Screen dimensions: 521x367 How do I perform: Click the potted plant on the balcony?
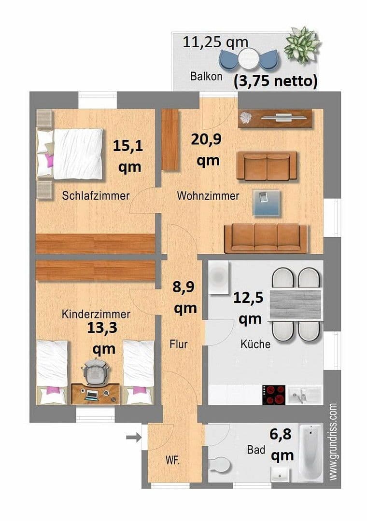click(302, 45)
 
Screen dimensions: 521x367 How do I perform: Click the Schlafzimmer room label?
click(96, 196)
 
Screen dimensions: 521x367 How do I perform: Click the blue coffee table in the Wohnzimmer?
click(266, 203)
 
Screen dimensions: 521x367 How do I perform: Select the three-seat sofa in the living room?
click(266, 238)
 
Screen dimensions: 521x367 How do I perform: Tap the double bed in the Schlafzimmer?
click(72, 153)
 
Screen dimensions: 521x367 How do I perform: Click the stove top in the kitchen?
click(274, 395)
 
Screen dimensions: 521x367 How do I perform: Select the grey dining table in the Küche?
click(295, 304)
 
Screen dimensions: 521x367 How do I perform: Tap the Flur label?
click(178, 344)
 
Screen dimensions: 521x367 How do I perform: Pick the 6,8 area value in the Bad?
click(282, 436)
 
